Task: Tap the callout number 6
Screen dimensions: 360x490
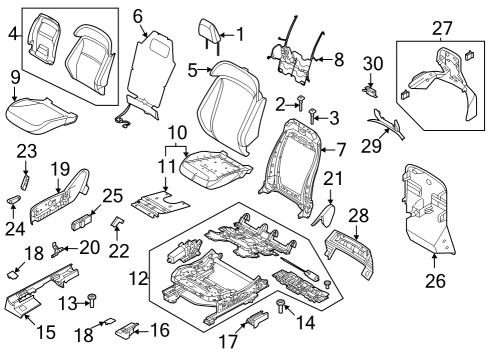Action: click(x=138, y=15)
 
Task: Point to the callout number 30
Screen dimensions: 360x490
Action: click(x=372, y=63)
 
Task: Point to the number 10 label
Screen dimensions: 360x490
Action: click(x=176, y=132)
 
